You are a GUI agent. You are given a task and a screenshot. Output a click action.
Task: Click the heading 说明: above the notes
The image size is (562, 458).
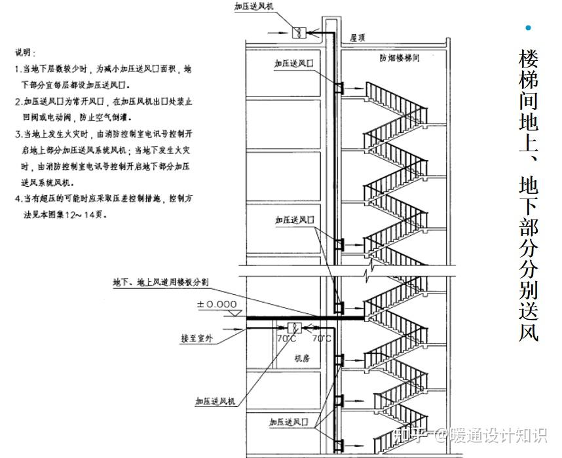(26, 52)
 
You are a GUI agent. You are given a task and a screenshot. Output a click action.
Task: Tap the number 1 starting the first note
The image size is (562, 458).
(18, 69)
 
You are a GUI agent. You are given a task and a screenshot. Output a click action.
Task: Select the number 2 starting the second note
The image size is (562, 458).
(18, 102)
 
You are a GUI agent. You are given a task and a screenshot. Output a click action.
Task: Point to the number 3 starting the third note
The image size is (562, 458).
(18, 134)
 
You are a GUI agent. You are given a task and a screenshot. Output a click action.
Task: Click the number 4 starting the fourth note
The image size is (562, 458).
(18, 199)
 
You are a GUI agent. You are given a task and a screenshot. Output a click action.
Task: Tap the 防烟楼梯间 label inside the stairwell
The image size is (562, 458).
(399, 58)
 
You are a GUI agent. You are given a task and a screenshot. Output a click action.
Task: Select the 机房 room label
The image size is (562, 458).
(301, 358)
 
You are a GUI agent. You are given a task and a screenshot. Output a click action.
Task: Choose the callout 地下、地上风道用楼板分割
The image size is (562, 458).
(160, 282)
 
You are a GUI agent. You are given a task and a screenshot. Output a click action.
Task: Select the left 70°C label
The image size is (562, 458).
(286, 339)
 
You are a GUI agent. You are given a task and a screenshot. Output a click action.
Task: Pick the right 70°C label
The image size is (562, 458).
(322, 339)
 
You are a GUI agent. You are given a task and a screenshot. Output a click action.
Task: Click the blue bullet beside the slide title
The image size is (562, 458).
(529, 28)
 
